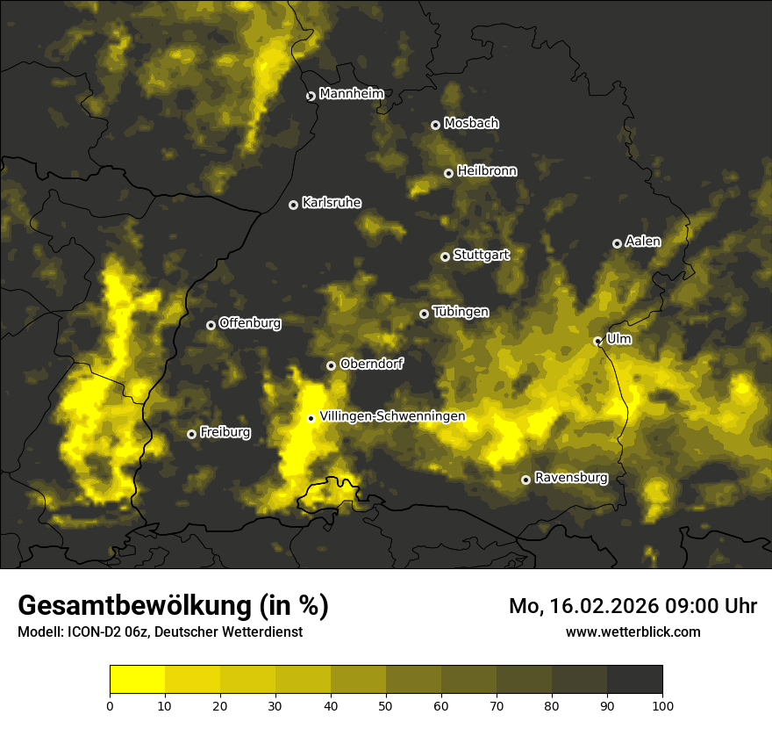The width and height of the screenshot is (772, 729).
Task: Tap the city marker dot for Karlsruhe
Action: click(x=294, y=205)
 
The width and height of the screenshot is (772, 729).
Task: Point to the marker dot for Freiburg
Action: click(x=191, y=434)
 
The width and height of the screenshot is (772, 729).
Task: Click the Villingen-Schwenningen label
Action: click(x=392, y=416)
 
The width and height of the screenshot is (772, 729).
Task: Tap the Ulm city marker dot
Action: click(x=597, y=341)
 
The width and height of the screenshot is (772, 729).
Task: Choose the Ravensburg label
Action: click(x=571, y=479)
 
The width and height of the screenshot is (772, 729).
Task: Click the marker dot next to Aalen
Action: click(x=617, y=243)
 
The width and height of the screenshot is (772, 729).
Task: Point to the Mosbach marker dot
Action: click(x=435, y=125)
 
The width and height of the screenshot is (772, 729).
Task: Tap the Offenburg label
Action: click(x=250, y=323)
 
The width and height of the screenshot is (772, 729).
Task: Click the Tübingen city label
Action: click(x=461, y=313)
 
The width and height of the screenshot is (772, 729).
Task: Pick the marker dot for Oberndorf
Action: click(x=331, y=365)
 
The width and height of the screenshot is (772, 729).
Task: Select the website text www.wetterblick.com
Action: click(x=633, y=632)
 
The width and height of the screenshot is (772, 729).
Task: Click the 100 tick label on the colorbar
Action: click(x=662, y=704)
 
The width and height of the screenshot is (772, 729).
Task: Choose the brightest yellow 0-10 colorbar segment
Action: click(x=137, y=680)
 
